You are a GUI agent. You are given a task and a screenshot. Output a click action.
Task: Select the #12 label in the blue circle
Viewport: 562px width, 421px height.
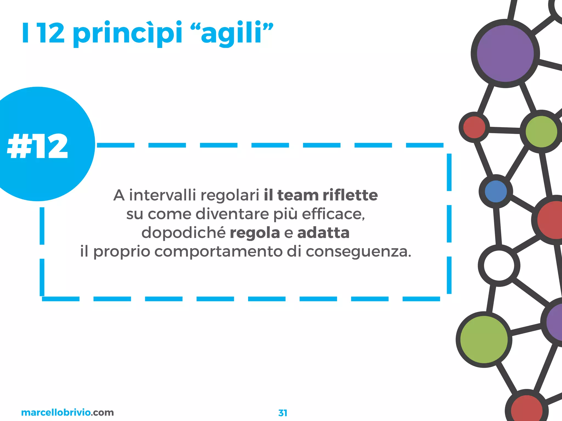38,146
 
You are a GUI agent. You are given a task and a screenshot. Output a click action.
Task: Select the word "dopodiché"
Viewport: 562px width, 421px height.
183,233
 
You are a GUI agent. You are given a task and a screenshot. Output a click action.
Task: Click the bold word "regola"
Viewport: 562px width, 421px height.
255,233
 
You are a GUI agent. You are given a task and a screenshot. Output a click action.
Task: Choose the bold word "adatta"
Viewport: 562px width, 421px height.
323,233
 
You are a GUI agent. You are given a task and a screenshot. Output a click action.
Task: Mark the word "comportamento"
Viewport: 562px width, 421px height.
218,252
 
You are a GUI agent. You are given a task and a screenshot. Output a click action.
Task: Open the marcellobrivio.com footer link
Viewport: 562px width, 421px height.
67,412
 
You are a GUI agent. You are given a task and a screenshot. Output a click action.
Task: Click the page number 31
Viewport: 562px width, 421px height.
283,413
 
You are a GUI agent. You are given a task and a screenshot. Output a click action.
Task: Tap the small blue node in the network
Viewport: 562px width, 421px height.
496,192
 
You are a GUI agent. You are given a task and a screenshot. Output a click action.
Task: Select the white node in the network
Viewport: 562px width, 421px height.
499,266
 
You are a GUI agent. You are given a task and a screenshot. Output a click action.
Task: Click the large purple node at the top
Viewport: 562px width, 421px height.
505,53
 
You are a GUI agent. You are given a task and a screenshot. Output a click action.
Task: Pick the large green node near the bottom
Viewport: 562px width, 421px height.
484,340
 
